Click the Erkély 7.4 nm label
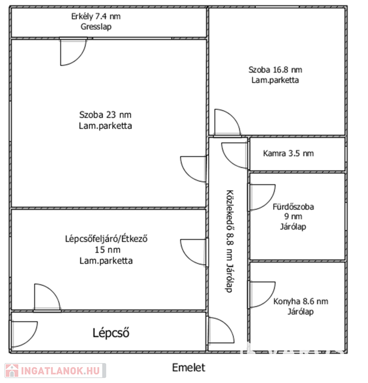pyautogui.click(x=96, y=16)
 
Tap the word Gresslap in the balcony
pyautogui.click(x=96, y=26)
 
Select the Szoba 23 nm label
pyautogui.click(x=105, y=115)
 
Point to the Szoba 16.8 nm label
pyautogui.click(x=275, y=70)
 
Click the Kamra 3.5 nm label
pyautogui.click(x=288, y=154)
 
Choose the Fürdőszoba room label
pyautogui.click(x=293, y=207)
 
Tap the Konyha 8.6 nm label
pyautogui.click(x=301, y=301)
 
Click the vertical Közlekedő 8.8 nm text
pyautogui.click(x=229, y=241)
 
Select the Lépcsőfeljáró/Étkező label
pyautogui.click(x=106, y=239)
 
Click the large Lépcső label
pyautogui.click(x=111, y=333)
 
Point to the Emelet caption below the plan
pyautogui.click(x=188, y=368)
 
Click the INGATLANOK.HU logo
pyautogui.click(x=55, y=371)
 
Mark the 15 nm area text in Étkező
pyautogui.click(x=107, y=250)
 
